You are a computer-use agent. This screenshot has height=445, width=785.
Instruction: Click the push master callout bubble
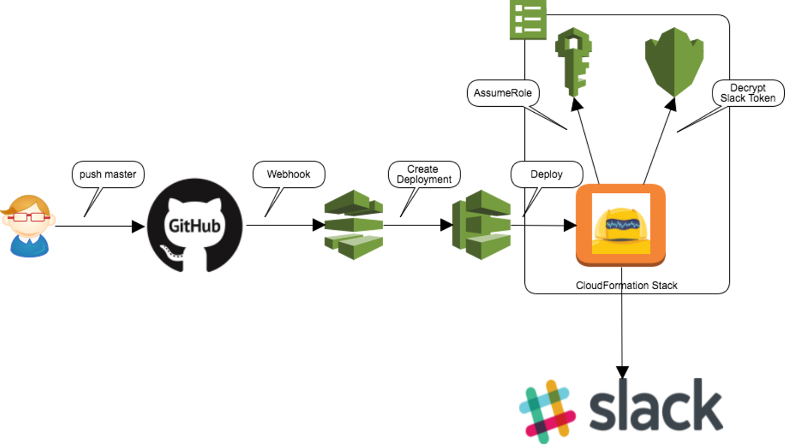click(x=108, y=175)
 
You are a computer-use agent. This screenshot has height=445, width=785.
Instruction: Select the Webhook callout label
click(x=288, y=175)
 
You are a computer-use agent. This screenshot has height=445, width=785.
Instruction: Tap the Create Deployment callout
click(x=424, y=175)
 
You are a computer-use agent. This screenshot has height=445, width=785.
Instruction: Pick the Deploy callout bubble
click(x=546, y=175)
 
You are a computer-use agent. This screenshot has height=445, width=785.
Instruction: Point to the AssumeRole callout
click(x=503, y=93)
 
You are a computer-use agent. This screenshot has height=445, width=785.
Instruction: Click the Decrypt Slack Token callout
click(x=747, y=93)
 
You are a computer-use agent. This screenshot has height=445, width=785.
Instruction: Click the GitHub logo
click(x=195, y=225)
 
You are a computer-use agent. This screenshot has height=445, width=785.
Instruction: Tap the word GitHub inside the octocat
click(x=195, y=225)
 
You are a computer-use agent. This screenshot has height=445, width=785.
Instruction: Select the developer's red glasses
click(x=26, y=217)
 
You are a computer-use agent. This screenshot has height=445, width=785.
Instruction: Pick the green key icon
click(x=572, y=63)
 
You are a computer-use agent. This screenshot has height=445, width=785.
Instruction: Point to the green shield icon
click(x=674, y=61)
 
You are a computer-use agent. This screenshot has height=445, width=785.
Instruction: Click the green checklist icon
click(x=528, y=20)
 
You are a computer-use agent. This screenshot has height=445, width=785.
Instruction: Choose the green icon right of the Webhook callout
click(x=354, y=224)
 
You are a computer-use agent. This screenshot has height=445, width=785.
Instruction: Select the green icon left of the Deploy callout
click(x=481, y=224)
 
